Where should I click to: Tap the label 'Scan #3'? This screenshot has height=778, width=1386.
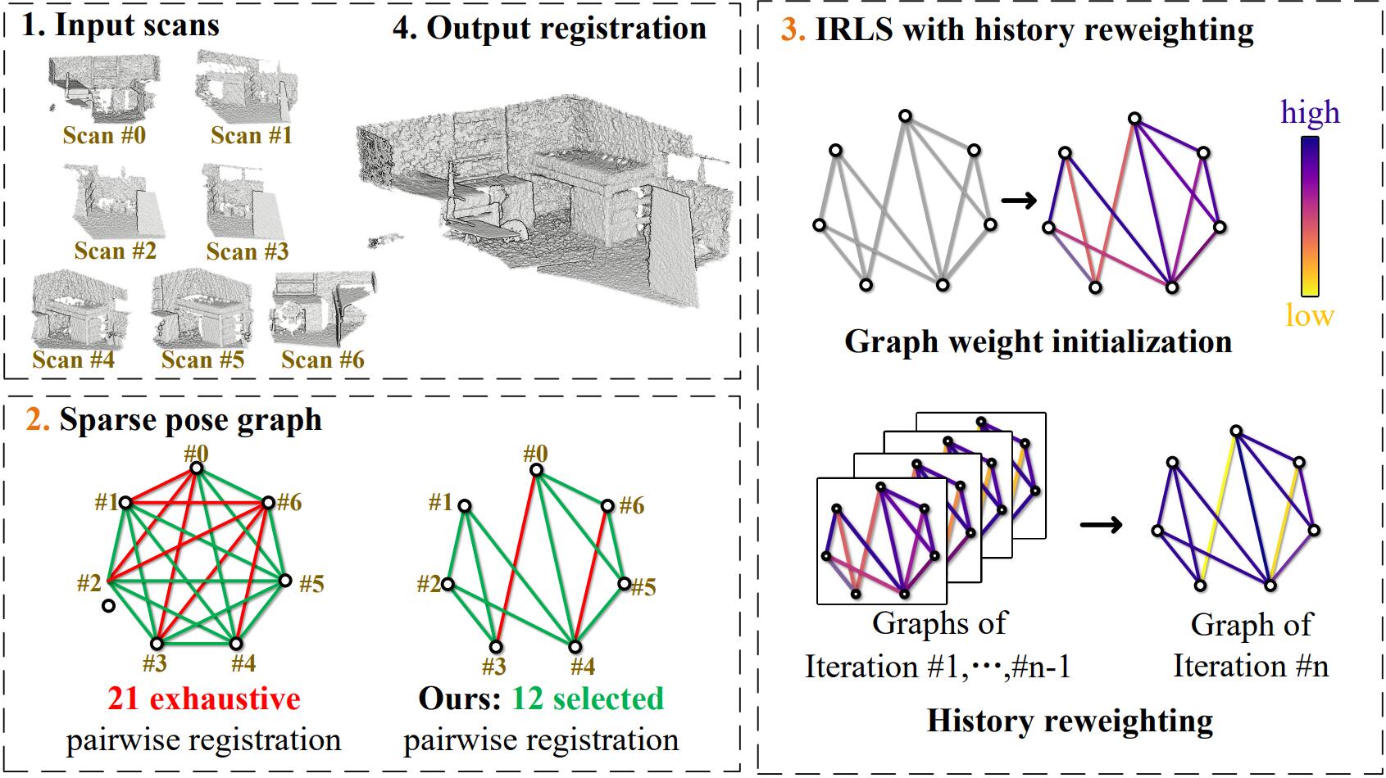coord(247,251)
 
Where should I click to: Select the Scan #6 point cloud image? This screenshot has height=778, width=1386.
coord(323,311)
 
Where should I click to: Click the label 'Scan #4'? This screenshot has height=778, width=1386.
coord(74,360)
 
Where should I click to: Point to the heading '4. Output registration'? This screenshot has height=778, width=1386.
coord(549,28)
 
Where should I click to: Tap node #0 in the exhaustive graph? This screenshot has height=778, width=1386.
coord(196,468)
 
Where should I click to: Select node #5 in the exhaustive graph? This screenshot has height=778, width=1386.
coord(284,581)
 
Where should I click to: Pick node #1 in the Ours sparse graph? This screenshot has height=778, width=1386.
coord(465,506)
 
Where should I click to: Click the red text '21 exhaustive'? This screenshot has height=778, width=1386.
coord(203,699)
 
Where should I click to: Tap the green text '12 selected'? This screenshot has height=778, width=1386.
coord(588,699)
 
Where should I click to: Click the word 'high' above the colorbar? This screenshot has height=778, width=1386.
coord(1310,112)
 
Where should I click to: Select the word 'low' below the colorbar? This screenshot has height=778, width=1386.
coord(1309,315)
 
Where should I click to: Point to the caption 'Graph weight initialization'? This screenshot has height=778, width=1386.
coord(1038,341)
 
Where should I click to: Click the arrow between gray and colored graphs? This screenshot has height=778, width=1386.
coord(1019,201)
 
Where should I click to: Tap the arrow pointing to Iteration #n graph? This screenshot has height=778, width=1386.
coord(1102,524)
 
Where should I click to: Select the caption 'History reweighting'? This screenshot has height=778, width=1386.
coord(1070,721)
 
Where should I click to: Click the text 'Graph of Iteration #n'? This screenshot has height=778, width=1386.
coord(1251,645)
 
